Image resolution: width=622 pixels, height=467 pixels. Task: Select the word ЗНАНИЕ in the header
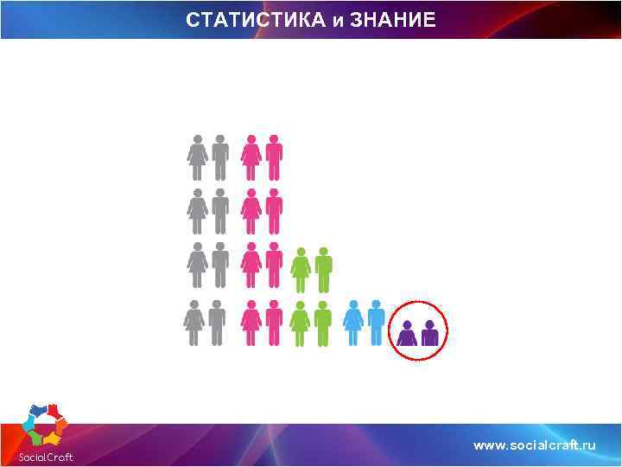tap(393, 19)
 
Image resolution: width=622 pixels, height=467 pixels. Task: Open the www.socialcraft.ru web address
tap(535, 445)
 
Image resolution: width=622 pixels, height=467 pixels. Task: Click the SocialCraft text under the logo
tap(46, 457)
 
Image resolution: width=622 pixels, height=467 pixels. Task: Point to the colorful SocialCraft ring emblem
tap(47, 425)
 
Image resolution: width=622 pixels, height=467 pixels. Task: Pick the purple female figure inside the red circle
tap(407, 333)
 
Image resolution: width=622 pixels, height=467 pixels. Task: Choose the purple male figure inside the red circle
tap(429, 333)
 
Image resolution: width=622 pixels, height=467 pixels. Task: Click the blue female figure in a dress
tap(353, 323)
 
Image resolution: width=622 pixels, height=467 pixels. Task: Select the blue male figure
tap(376, 323)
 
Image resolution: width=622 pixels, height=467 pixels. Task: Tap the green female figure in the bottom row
tap(301, 323)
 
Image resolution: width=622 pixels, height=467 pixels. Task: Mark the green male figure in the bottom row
tap(323, 323)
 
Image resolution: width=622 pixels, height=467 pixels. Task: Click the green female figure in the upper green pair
tap(301, 270)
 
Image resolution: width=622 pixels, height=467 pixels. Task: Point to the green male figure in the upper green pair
tap(324, 270)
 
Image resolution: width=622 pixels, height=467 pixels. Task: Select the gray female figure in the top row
tap(198, 157)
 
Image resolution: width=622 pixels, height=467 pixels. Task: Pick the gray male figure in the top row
tap(220, 157)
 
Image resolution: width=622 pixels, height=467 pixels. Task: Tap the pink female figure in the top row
tap(251, 157)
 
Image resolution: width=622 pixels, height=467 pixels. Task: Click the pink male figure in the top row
tap(274, 157)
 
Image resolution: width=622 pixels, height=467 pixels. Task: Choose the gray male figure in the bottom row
tap(217, 323)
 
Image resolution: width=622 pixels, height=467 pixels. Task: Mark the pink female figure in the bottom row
tap(251, 323)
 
